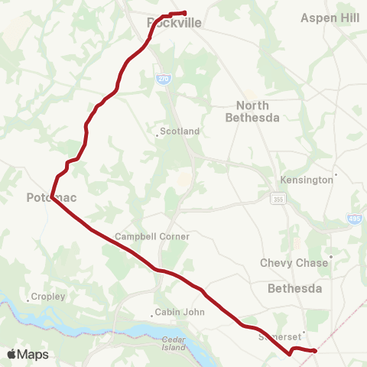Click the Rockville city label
(174, 23)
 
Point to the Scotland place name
(180, 132)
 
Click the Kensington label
(310, 180)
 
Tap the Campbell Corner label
(151, 237)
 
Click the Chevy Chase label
(294, 262)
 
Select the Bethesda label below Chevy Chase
(295, 288)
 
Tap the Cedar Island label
(174, 343)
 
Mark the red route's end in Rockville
(185, 12)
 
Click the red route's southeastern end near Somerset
(315, 351)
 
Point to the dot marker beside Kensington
(336, 175)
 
